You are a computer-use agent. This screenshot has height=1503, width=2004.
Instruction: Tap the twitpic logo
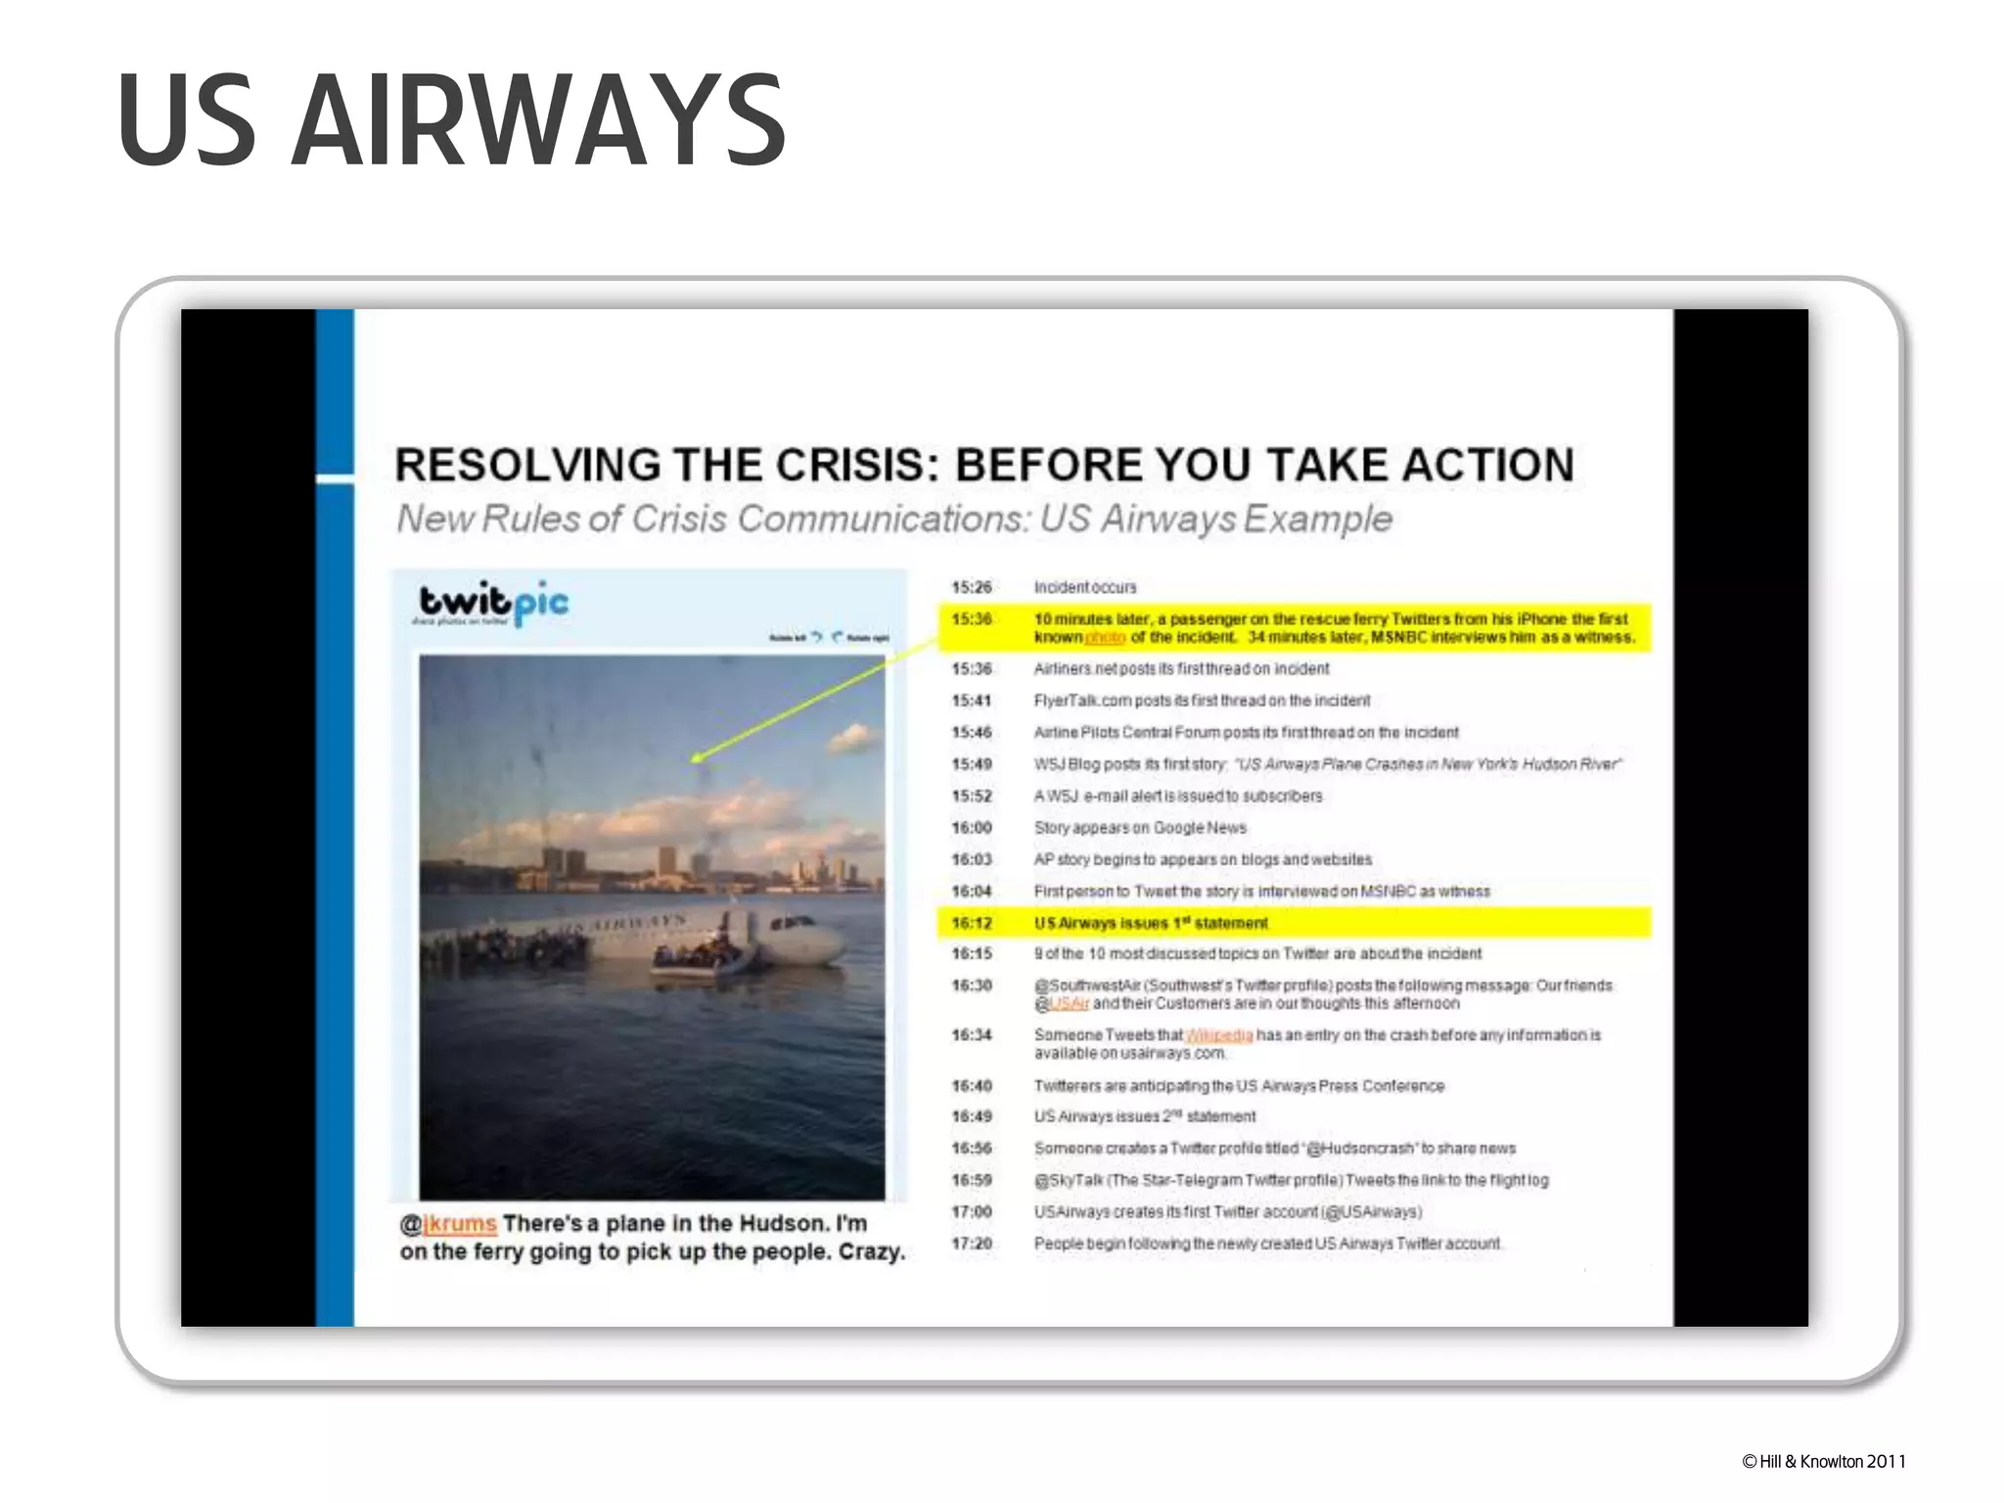493,602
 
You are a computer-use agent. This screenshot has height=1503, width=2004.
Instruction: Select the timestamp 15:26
971,587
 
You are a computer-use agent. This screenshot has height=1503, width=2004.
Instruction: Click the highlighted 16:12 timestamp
971,923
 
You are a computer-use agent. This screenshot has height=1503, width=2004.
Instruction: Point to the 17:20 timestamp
971,1244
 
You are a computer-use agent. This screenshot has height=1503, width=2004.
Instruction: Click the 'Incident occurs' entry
1085,587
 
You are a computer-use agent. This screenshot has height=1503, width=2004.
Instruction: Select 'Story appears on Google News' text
1140,828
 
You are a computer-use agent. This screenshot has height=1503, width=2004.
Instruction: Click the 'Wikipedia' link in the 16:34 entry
1219,1035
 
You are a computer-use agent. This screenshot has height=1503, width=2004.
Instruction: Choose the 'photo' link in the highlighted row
1105,638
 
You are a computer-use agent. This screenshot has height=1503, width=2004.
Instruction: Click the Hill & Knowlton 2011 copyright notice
1824,1462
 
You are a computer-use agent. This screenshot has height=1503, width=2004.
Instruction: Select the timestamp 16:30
971,985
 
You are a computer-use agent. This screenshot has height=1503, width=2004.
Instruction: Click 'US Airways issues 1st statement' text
1151,923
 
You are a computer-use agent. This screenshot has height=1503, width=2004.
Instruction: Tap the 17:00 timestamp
971,1211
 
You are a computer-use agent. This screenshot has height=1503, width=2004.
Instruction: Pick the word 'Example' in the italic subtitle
1317,519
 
